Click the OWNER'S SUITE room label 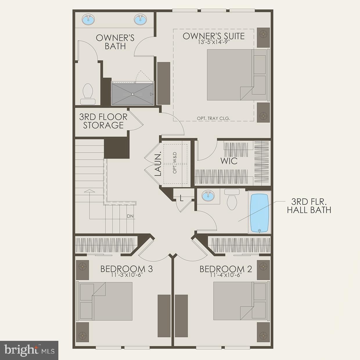(x=213, y=36)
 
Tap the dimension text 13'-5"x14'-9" (x=213, y=42)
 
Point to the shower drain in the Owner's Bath (x=133, y=94)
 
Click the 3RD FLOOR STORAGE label (x=103, y=121)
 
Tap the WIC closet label (x=229, y=161)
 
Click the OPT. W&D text (x=175, y=163)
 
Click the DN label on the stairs (x=130, y=216)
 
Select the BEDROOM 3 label (x=126, y=269)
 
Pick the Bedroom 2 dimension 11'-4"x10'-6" (x=226, y=275)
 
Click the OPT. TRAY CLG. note (x=213, y=118)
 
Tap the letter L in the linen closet (x=181, y=199)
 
